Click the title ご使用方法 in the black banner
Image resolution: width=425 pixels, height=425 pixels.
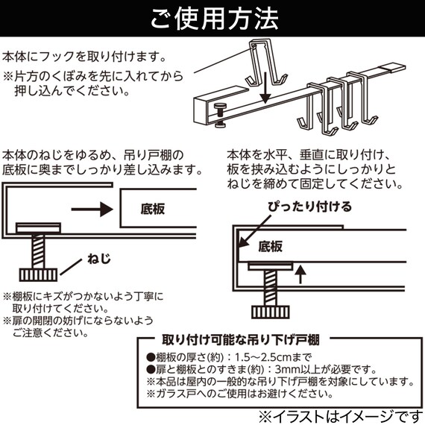click(212, 16)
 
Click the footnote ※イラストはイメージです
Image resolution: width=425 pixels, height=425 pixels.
click(339, 412)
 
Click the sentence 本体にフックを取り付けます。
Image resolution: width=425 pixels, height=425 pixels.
click(84, 57)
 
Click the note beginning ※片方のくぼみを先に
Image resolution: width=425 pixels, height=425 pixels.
click(87, 75)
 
